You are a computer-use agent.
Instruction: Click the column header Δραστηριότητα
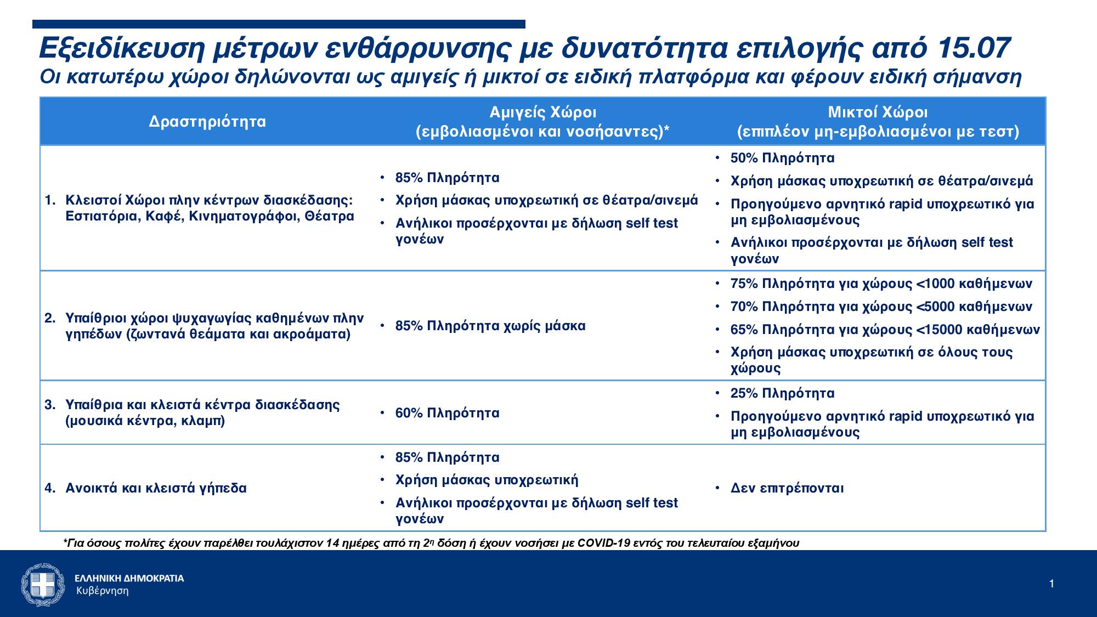207,121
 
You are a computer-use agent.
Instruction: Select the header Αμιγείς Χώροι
542,112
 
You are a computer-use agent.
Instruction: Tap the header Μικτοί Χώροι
878,112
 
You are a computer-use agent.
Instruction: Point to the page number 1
1051,584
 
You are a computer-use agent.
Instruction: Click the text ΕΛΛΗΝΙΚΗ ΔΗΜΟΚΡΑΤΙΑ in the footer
129,578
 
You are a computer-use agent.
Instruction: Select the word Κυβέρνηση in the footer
102,591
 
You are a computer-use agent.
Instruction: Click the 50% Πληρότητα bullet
782,158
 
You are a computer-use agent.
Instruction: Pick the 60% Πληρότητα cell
447,412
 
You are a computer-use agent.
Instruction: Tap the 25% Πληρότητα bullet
782,393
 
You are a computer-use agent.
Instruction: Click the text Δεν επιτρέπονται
787,488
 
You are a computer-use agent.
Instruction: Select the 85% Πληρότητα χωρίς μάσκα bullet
490,326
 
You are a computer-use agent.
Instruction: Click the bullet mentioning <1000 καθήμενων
881,284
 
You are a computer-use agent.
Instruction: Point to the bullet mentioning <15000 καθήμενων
885,330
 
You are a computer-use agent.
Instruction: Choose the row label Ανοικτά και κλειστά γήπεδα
156,488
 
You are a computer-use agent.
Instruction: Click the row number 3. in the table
50,405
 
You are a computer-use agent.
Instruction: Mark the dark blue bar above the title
279,24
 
